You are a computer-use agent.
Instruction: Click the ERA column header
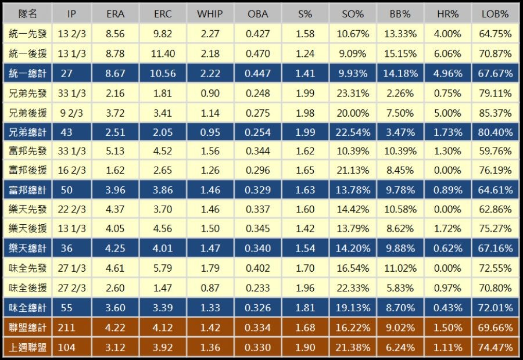pos(116,13)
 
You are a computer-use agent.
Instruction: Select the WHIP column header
pos(210,13)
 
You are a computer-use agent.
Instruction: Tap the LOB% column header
pos(495,13)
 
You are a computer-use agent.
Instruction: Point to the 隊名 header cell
pos(27,13)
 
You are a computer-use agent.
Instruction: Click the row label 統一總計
pos(27,74)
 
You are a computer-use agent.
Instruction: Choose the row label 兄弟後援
pos(27,113)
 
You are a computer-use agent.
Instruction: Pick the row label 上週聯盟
pos(27,347)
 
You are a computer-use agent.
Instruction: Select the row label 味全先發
pos(27,269)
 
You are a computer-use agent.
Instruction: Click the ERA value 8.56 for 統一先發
pos(116,34)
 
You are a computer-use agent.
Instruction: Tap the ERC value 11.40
pos(163,54)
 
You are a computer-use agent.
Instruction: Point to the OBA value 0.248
pos(257,93)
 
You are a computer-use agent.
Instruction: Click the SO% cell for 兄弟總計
pos(353,132)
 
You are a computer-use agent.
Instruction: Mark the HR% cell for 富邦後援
pos(447,171)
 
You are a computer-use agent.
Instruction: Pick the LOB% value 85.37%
pos(495,113)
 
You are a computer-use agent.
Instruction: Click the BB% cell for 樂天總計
pos(400,249)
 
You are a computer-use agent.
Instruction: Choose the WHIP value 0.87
pos(210,288)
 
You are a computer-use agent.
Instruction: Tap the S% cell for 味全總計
pos(305,308)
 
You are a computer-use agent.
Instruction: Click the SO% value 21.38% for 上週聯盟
pos(353,347)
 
